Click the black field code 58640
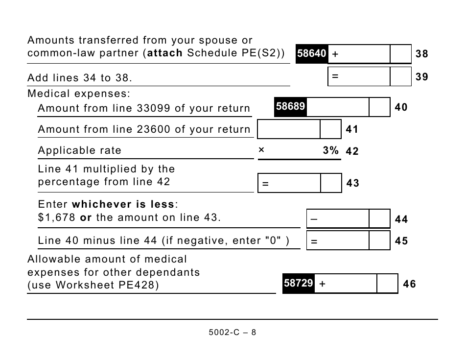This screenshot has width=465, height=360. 311,54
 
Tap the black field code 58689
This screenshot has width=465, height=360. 290,106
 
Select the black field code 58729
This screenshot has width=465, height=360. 298,283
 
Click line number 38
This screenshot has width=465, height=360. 421,54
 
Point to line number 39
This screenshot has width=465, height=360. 421,76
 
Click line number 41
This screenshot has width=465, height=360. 352,129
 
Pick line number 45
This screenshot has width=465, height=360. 401,241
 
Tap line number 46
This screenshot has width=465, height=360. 409,284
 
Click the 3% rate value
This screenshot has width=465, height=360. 330,151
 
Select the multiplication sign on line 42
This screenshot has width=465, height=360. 261,151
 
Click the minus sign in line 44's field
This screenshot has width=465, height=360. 314,219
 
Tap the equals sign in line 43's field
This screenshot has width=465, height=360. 265,184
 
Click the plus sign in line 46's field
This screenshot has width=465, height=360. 323,284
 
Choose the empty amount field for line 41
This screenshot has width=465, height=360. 289,129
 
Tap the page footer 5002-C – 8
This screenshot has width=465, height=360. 232,332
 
